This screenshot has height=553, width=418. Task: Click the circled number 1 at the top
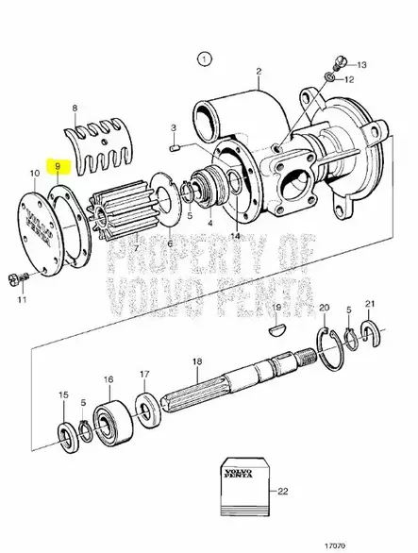coord(200,59)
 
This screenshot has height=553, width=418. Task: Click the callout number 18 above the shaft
coord(196,362)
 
